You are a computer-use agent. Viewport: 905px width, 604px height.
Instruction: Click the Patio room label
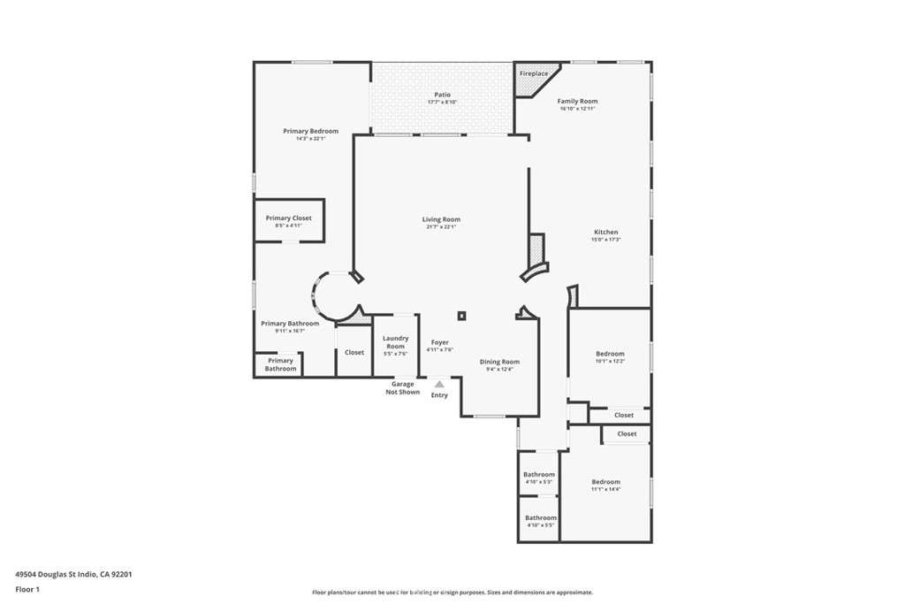[442, 95]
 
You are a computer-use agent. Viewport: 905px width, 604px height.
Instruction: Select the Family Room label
[577, 102]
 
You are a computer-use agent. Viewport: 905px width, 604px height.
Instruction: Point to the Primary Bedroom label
[310, 132]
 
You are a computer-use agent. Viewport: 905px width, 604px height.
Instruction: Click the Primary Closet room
[289, 221]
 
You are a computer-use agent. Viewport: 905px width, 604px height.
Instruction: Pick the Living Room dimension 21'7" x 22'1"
[441, 227]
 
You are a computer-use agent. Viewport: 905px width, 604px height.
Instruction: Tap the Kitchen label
[605, 233]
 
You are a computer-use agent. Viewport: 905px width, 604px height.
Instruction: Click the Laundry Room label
[395, 342]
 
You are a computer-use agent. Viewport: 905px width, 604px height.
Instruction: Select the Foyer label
[439, 342]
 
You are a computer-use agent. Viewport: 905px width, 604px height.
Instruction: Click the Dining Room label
[499, 362]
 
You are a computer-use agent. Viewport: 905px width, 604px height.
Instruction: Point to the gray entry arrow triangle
[439, 384]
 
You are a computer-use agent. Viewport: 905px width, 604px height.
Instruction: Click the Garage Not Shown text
[403, 388]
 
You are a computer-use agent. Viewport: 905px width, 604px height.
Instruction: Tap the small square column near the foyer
[461, 316]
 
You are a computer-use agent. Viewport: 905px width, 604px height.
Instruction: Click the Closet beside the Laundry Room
[354, 353]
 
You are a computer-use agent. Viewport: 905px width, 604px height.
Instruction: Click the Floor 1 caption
[27, 589]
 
